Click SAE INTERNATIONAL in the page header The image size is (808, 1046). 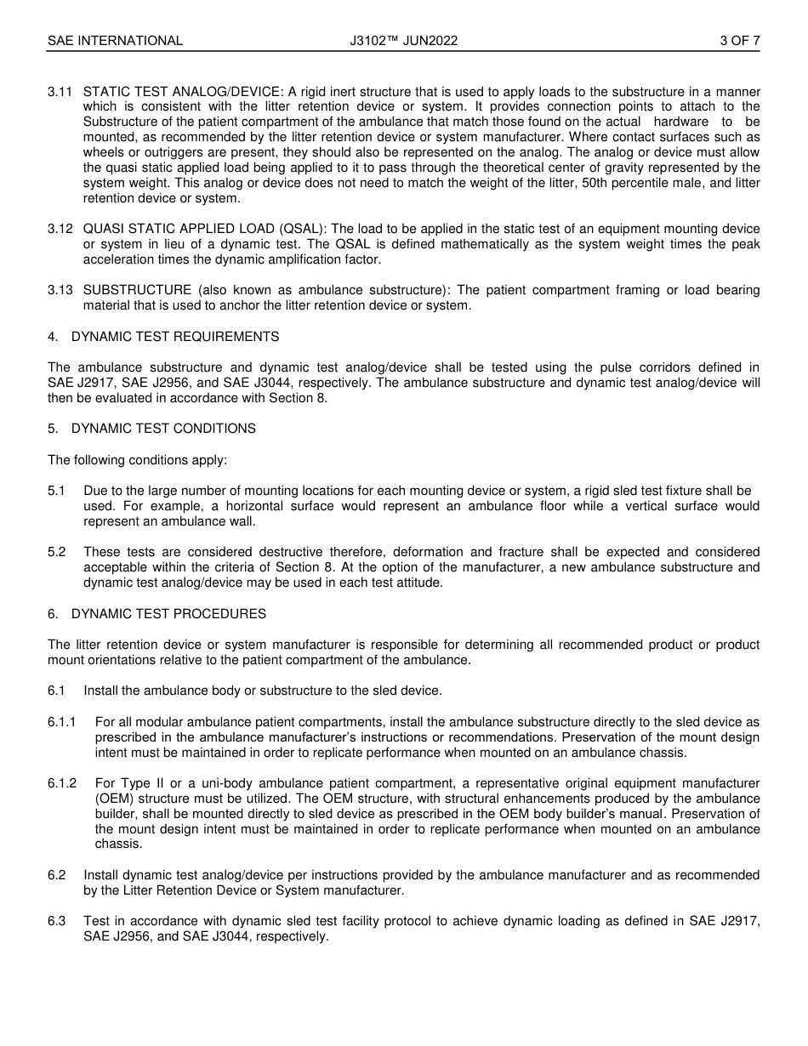pos(115,40)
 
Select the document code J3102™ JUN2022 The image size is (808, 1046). pos(403,40)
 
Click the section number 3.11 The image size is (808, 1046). pos(60,92)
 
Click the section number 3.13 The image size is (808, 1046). pos(60,291)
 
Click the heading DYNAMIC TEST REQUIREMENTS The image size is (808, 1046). pos(175,337)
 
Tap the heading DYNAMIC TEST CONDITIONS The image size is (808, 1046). pos(163,429)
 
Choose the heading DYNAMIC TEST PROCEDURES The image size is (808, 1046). pos(168,614)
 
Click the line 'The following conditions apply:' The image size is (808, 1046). pos(138,460)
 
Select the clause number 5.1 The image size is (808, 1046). pos(57,492)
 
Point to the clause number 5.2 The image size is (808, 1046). pos(57,553)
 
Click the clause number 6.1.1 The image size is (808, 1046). pos(62,722)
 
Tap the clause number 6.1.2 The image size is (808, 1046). pos(62,783)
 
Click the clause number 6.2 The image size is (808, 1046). pos(57,875)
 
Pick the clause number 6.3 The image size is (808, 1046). pos(57,921)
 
